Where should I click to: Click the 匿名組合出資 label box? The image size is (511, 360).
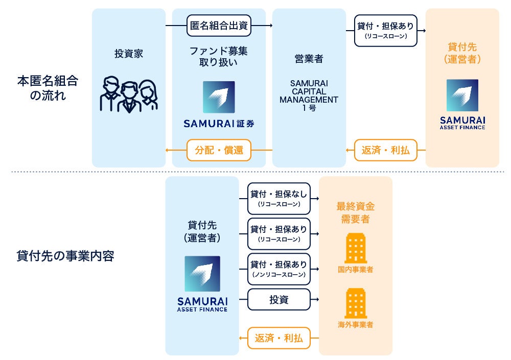pos(219,26)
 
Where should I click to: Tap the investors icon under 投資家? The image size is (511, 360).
pos(129,94)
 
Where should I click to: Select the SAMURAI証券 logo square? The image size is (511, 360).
pos(219,97)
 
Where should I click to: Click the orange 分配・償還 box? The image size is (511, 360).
pos(219,150)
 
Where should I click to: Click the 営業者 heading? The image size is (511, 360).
pos(309,59)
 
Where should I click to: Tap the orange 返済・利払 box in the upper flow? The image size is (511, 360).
pos(386,150)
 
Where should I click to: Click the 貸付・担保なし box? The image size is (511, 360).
pos(279,198)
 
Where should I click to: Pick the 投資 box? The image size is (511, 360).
pos(279,300)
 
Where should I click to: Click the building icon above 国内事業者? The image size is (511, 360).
pos(356,249)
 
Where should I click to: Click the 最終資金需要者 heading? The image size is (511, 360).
pos(356,213)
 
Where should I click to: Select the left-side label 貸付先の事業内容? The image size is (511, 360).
pos(65,256)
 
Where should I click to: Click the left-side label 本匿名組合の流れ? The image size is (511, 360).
pos(49,88)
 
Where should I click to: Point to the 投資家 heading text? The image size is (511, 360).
pos(129,54)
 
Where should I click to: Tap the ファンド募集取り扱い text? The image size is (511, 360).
pos(219,57)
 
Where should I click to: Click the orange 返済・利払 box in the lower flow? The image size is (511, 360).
pos(279,338)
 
